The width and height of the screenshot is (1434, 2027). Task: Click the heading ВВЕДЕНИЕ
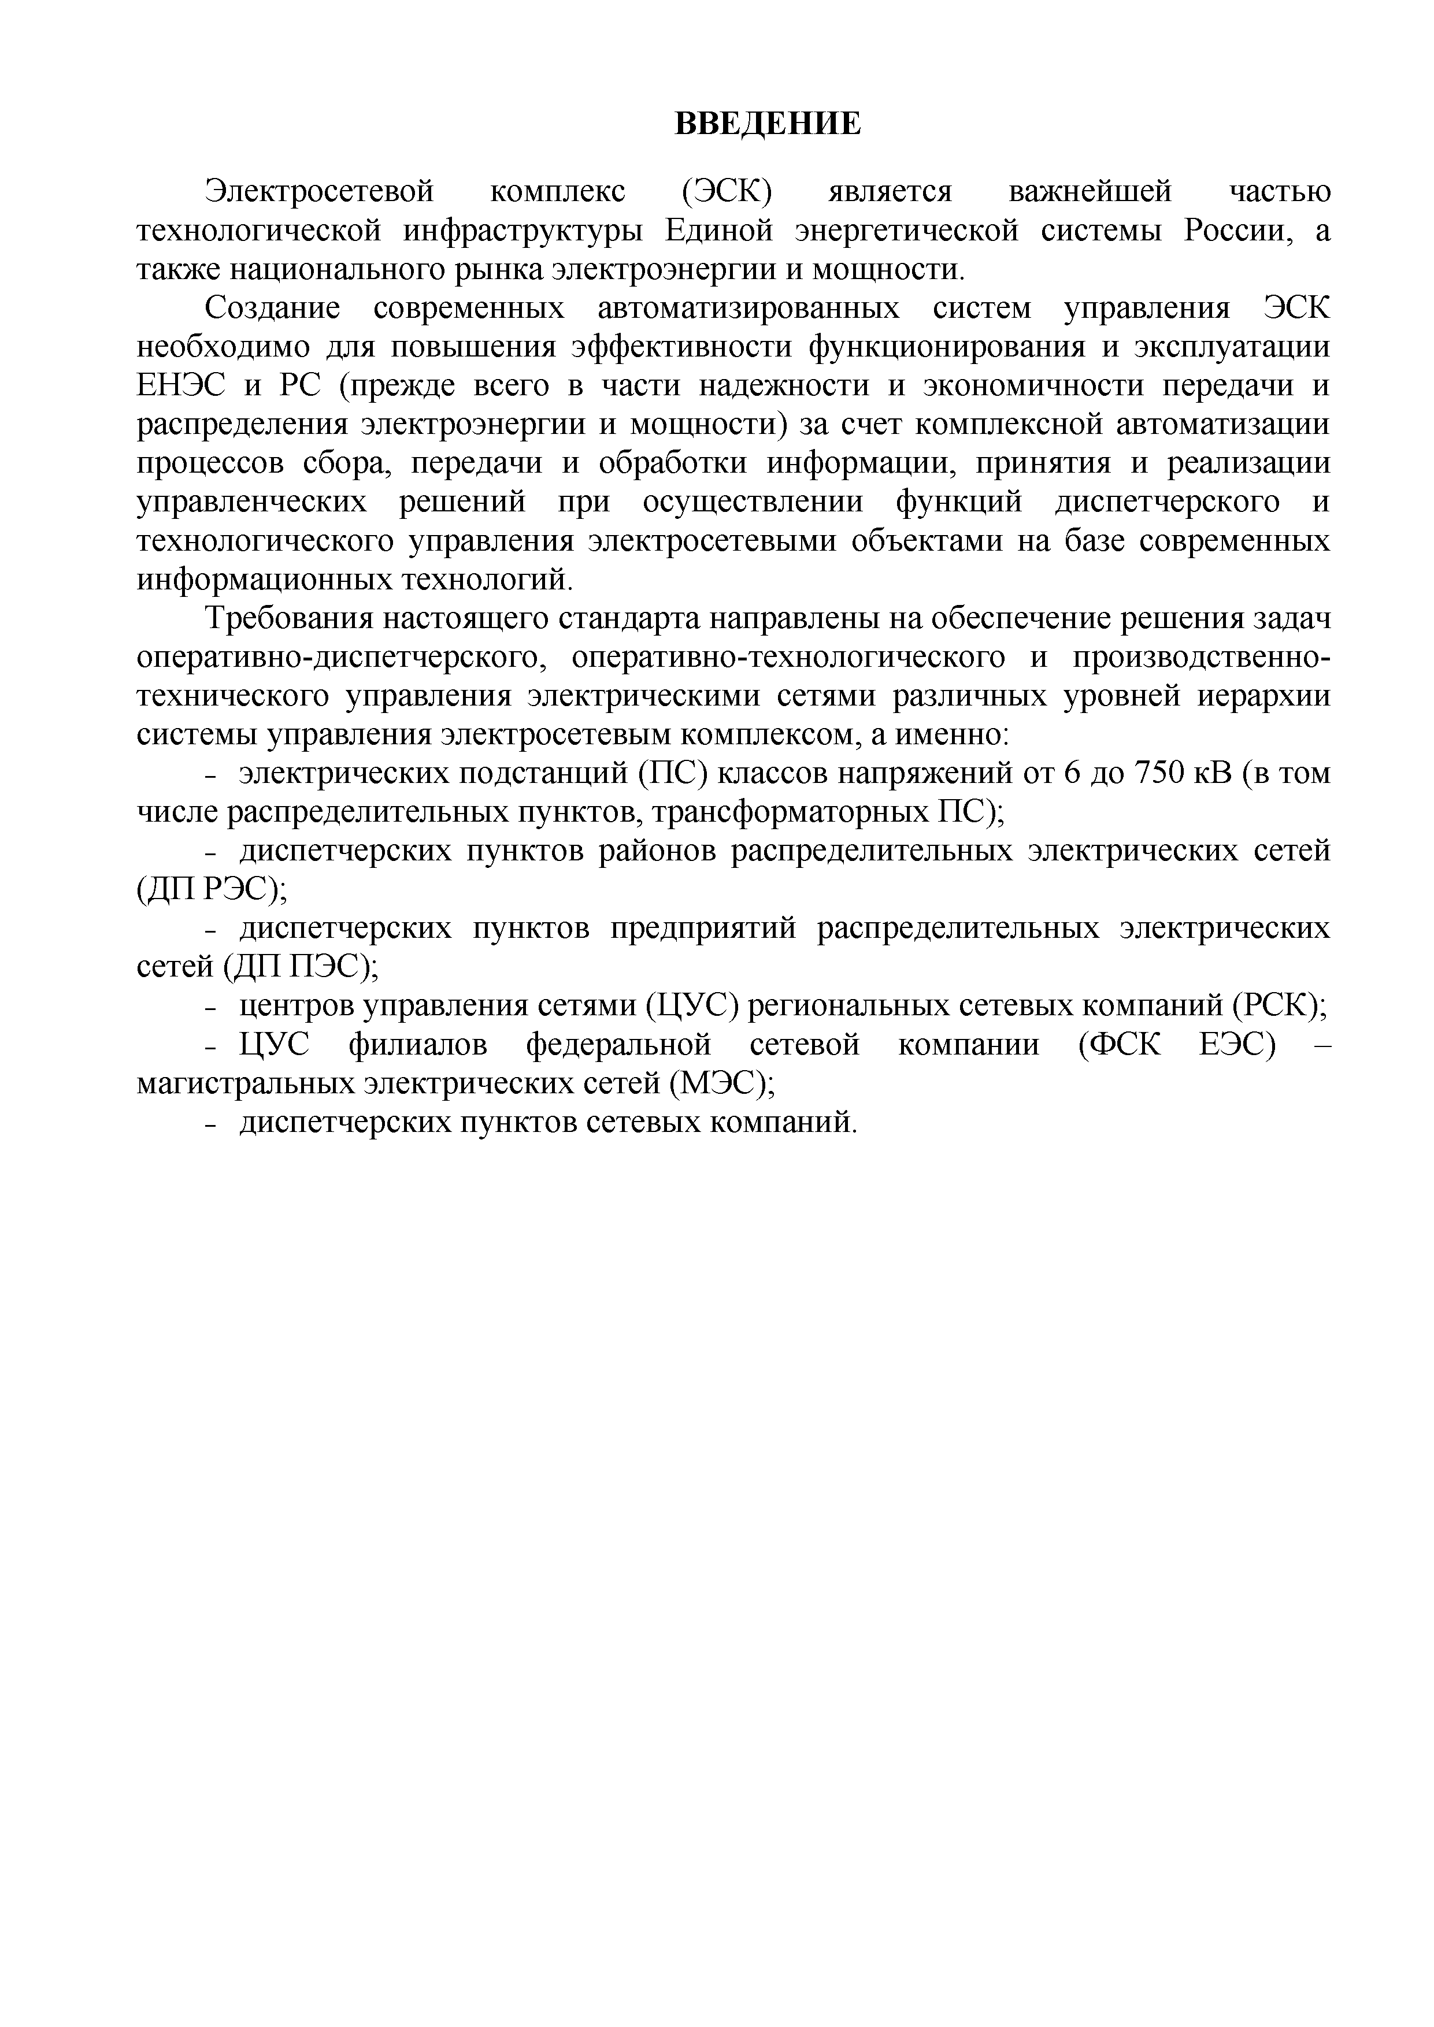pos(768,124)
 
